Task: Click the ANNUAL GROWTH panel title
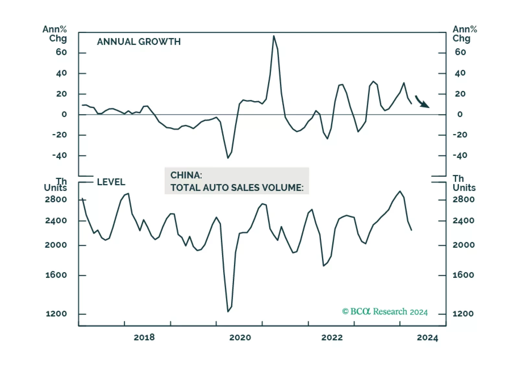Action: coord(139,42)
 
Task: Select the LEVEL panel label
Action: coord(111,182)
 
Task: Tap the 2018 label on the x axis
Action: coord(144,338)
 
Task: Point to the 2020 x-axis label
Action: coord(240,338)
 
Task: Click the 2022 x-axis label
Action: coord(332,338)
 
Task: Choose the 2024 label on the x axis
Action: coord(427,338)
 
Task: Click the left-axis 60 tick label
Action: coord(61,52)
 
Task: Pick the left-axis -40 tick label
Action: coord(59,155)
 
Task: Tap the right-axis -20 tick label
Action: coord(460,135)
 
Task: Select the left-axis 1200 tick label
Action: coord(56,314)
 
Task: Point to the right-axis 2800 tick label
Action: coord(464,199)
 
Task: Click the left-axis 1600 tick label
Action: coord(56,275)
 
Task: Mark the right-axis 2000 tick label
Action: coord(464,245)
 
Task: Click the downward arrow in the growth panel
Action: coord(422,102)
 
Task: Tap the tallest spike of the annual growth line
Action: coord(274,36)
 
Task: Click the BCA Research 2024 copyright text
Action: coord(385,312)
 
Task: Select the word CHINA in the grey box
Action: coord(186,175)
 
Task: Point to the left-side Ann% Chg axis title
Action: coord(54,34)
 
